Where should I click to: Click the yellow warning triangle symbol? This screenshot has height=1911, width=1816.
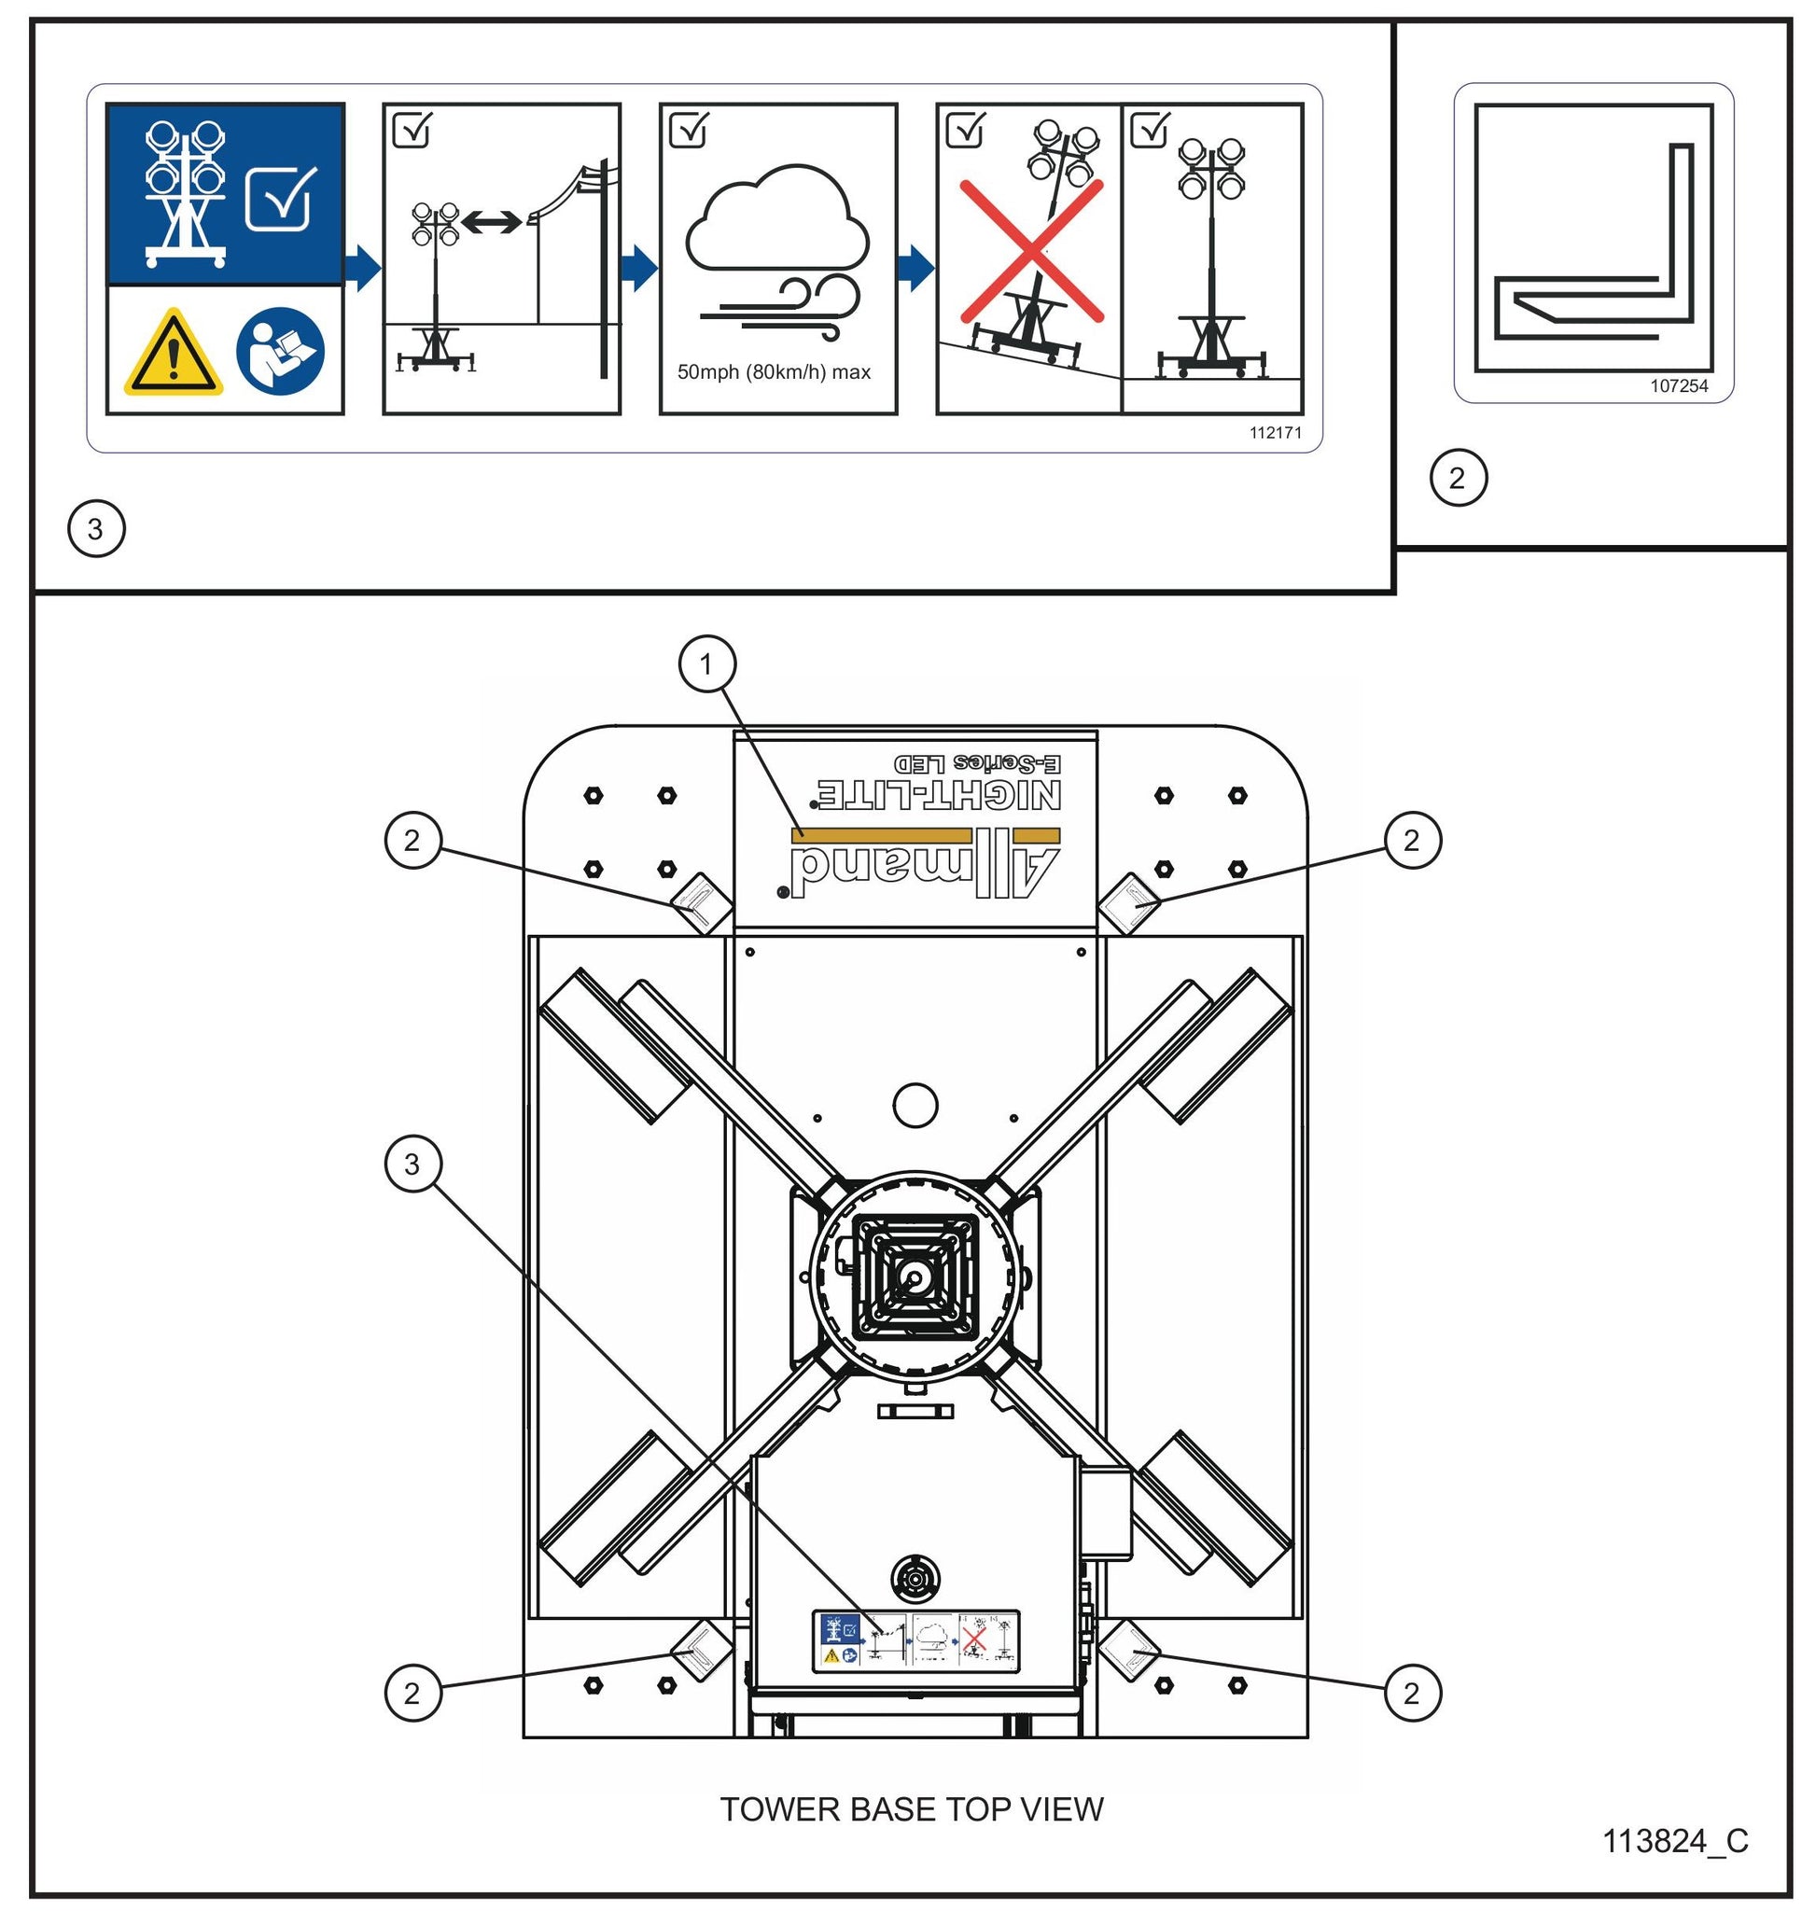pos(174,355)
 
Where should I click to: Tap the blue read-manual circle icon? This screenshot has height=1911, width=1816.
pos(281,353)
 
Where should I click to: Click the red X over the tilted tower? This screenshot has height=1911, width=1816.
pos(1031,251)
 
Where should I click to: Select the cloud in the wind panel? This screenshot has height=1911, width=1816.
pos(777,222)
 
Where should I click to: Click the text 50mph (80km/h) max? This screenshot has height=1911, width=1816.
pos(774,372)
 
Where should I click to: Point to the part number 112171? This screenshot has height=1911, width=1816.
pos(1275,433)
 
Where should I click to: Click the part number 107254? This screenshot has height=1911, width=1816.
pos(1679,386)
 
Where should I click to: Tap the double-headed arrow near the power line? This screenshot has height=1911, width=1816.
pos(492,224)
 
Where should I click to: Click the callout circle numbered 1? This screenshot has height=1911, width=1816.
pos(706,664)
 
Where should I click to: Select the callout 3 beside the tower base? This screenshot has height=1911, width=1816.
pos(413,1164)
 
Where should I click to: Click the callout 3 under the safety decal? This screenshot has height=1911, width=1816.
pos(96,528)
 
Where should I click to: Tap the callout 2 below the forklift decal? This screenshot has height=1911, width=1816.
pos(1458,477)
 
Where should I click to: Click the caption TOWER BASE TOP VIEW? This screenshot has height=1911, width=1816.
pos(911,1809)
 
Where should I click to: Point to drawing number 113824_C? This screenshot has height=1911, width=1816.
pos(1675,1840)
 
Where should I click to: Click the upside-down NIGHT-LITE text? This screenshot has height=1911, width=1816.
pos(939,795)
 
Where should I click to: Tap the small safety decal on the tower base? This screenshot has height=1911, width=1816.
pos(915,1641)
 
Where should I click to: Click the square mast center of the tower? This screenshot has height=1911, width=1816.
pos(914,1276)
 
